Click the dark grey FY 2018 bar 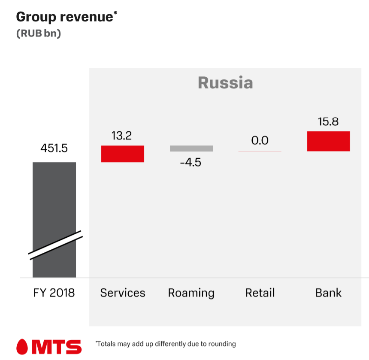click(54, 197)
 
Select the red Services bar click(122, 154)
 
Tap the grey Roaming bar click(191, 148)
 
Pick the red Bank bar click(328, 141)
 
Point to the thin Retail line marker click(260, 151)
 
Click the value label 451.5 click(54, 148)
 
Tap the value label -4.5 click(191, 163)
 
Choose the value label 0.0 click(260, 140)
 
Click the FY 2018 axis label click(54, 293)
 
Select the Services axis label click(123, 293)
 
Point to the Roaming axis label click(191, 293)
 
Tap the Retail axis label click(260, 293)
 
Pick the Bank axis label click(328, 293)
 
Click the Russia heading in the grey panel click(225, 82)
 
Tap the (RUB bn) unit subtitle click(39, 33)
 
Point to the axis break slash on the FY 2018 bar click(55, 245)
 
